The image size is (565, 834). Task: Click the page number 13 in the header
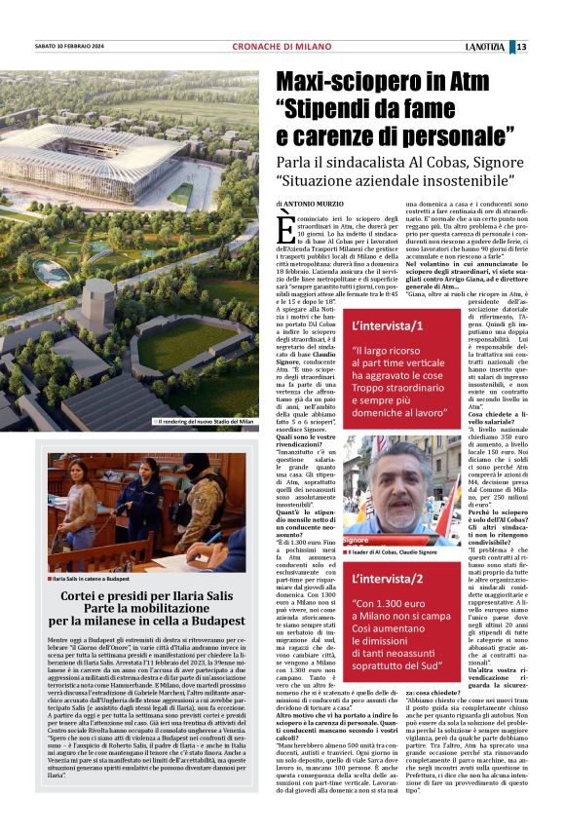pyautogui.click(x=549, y=47)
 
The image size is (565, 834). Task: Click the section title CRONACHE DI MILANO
pyautogui.click(x=282, y=47)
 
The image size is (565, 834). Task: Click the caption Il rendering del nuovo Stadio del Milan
pyautogui.click(x=207, y=421)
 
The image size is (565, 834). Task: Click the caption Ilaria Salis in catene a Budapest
pyautogui.click(x=97, y=551)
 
